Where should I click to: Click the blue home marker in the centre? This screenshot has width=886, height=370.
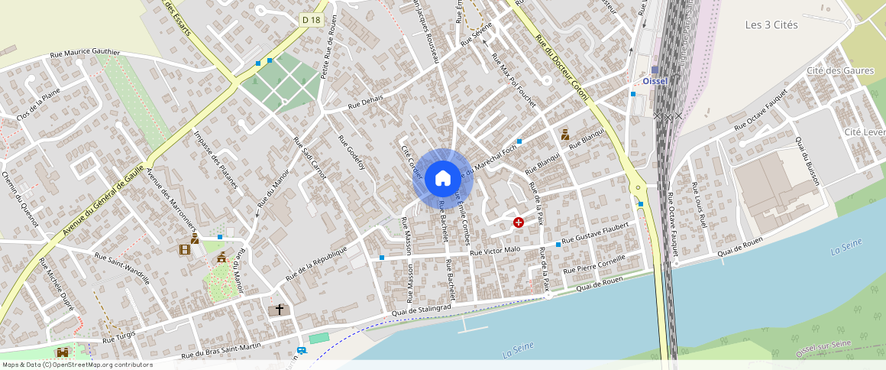pos(443,179)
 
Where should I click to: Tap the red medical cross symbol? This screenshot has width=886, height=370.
pos(519,222)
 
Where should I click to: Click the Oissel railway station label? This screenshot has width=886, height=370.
pos(655,81)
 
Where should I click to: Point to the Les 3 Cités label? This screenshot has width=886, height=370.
pos(771,25)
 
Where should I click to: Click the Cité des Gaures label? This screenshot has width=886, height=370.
pos(839,71)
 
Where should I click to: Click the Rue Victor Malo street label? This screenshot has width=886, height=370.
pos(495,250)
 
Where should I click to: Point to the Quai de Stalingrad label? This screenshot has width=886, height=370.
pos(422,308)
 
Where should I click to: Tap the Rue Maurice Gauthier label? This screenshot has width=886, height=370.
pos(85,54)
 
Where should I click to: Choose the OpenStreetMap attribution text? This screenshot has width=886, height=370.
pos(76,365)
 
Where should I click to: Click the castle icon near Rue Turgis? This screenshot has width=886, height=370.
pos(63,352)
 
